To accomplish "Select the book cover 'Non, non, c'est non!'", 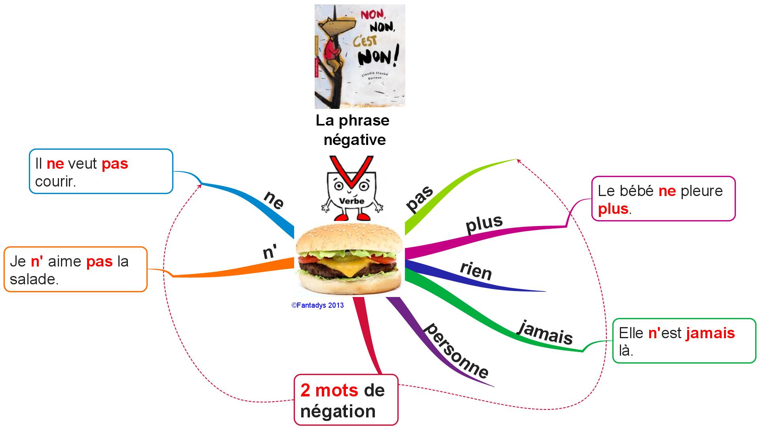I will click(360, 56).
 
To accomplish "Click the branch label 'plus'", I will click(484, 224).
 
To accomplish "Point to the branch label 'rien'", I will click(476, 271).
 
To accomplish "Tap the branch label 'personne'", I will click(456, 351).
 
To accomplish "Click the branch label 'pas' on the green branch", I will click(420, 199).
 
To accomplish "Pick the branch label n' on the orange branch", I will click(270, 252).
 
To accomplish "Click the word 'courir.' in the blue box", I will click(55, 181).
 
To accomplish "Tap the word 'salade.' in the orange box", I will click(34, 279).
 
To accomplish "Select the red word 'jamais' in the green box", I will click(711, 333).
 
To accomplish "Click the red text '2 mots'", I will click(329, 390).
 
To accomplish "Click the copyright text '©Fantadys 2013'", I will click(317, 305).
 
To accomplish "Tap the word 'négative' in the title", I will click(355, 139).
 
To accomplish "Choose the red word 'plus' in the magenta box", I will click(613, 209).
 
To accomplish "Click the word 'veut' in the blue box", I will click(83, 164).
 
